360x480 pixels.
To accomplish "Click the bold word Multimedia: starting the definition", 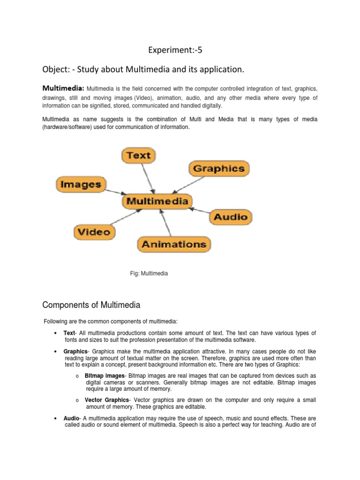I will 63,88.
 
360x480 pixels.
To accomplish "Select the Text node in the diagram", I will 138,155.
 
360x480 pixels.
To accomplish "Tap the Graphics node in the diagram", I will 219,168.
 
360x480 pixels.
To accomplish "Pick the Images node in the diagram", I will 81,184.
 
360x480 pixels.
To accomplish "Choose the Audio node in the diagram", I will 230,217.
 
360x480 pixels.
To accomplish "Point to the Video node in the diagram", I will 94,232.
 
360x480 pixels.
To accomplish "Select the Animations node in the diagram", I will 174,244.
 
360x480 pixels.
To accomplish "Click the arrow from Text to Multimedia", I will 148,178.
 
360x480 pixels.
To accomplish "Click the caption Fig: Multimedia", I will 149,273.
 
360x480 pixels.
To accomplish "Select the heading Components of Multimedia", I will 91,305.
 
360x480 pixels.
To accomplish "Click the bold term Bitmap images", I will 105,376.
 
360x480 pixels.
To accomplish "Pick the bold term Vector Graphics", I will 106,400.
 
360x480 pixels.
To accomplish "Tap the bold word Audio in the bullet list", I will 72,418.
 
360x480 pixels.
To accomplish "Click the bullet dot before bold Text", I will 56,333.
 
